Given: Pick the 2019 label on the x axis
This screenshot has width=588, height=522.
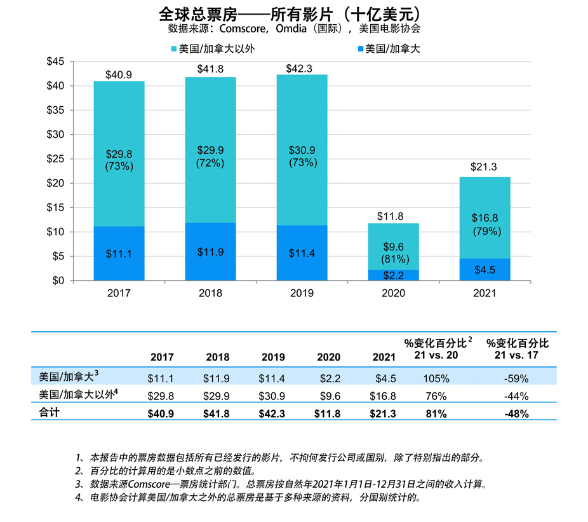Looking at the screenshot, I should coord(302,294).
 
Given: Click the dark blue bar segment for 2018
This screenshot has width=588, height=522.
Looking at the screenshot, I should coord(210,251).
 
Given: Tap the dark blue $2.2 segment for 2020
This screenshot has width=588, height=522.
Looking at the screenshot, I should coord(393,275).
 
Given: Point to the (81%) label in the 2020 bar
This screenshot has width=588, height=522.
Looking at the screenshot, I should coord(393,259).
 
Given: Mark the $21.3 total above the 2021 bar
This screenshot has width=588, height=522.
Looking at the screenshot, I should coord(484,167).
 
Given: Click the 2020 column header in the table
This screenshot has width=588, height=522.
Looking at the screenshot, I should coord(328,357).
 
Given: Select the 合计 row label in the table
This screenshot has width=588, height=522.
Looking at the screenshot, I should coord(48,412).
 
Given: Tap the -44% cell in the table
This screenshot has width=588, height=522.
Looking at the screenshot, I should coord(516,396).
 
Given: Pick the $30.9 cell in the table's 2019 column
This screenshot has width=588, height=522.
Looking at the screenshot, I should coord(272,396).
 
